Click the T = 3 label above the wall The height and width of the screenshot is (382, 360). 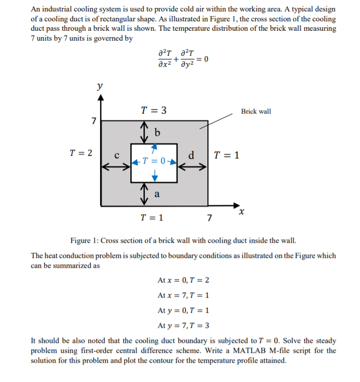[x=154, y=110]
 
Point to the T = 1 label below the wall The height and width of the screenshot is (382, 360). [x=152, y=218]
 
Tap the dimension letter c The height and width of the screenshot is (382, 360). [x=117, y=155]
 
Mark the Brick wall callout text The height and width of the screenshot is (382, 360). [x=256, y=112]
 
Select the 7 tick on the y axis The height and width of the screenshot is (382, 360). [x=93, y=121]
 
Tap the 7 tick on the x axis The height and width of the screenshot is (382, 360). [x=209, y=218]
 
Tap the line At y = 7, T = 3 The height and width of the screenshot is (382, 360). [x=183, y=325]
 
